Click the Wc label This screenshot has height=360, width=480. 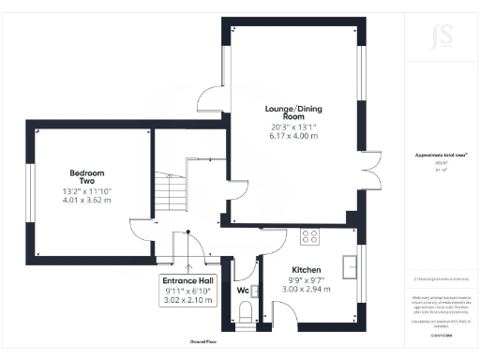[x=242, y=291]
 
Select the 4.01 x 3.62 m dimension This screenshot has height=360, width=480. [x=86, y=200]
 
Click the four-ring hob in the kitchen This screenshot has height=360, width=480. [x=309, y=236]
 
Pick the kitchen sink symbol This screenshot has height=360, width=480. [x=352, y=266]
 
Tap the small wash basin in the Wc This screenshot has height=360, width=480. [x=254, y=291]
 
